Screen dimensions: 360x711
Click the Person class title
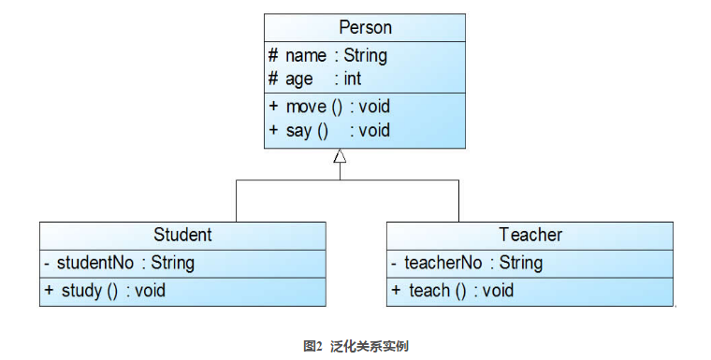pos(365,28)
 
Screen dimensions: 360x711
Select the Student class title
pos(182,235)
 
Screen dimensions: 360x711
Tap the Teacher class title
pos(530,235)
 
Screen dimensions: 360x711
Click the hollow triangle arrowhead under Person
pos(340,156)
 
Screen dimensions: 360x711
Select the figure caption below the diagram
pos(355,346)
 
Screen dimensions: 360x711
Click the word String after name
pos(365,55)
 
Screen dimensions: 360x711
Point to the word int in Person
pos(352,79)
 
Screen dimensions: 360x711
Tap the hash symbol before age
pos(273,79)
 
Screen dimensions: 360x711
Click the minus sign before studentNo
pos(47,263)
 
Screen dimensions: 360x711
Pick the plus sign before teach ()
pos(396,291)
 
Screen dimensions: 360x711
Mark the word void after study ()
pos(150,291)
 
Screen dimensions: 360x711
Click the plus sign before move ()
pos(273,107)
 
